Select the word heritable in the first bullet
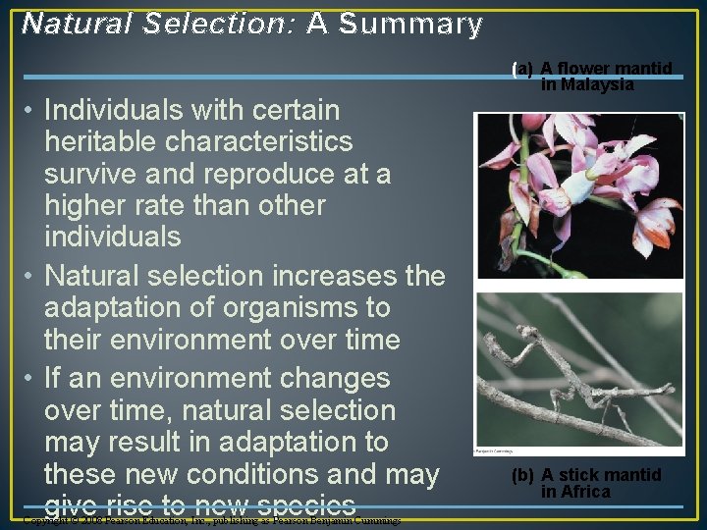pos(100,141)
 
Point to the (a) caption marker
pos(522,69)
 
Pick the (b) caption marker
pos(523,475)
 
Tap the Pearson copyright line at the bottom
pos(211,520)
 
